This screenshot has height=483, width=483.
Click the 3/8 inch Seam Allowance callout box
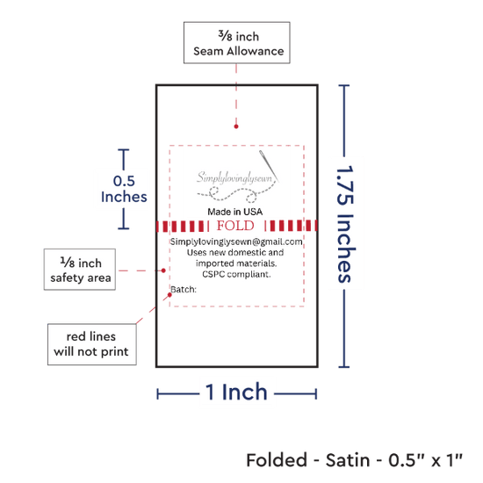coord(236,42)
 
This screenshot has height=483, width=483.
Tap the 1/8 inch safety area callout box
coord(80,270)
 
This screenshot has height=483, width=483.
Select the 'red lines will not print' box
coord(92,344)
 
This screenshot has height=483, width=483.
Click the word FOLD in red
coord(235,226)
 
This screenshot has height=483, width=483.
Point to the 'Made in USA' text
coord(235,212)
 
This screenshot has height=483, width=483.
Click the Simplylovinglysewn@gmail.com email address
coord(236,241)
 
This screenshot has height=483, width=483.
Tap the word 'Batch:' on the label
coord(184,290)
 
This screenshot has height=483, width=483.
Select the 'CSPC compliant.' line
coord(236,274)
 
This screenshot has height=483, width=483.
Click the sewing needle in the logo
coord(269,166)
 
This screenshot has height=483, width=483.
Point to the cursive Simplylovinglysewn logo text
coord(234,178)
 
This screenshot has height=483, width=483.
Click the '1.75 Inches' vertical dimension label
coord(346,224)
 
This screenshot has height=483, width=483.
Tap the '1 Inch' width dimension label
coord(236,393)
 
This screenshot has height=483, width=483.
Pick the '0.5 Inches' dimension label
coord(124,189)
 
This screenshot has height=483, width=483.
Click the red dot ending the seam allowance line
coord(236,126)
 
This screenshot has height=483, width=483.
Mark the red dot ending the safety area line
coord(163,270)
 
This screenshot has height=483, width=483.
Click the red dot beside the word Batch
coord(169,295)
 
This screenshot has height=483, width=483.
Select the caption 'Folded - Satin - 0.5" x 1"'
coord(354,460)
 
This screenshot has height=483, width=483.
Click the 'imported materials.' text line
coord(236,263)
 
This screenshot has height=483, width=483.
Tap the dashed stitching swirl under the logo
coord(229,195)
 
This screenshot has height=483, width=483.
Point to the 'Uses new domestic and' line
coord(235,253)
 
